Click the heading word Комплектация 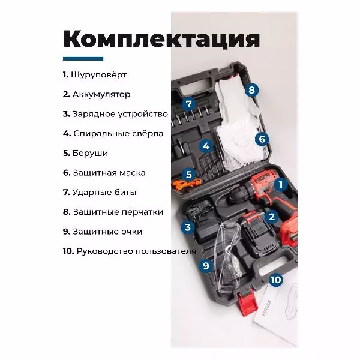[161, 39]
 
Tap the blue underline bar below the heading [83, 59]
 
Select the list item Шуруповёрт [95, 75]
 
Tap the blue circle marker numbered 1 [281, 184]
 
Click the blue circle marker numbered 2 [272, 217]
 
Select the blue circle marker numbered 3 [188, 227]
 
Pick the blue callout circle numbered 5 [189, 175]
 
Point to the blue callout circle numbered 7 [188, 104]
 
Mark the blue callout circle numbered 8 [251, 90]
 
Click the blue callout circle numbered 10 [276, 280]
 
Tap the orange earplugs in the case [187, 184]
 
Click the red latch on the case [247, 302]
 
